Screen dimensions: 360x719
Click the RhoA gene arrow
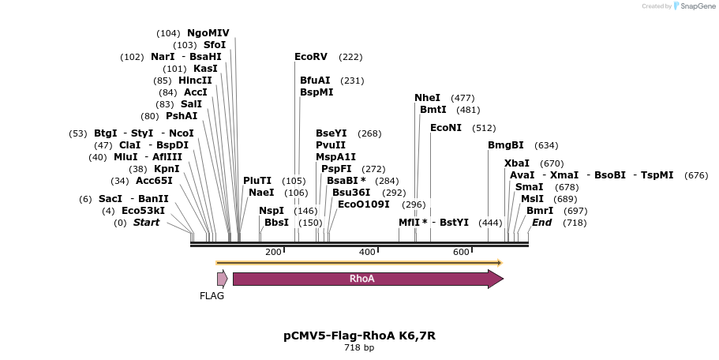click(x=367, y=279)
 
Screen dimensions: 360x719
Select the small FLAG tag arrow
click(x=223, y=278)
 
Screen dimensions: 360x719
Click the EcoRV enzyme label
click(x=310, y=57)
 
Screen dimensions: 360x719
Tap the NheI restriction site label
click(x=427, y=98)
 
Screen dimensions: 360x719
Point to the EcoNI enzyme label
click(x=446, y=128)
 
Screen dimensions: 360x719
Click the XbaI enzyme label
click(x=517, y=163)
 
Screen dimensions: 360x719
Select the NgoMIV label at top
click(x=208, y=33)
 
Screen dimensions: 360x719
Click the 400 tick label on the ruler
click(x=367, y=252)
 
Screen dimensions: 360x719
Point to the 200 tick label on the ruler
click(x=273, y=252)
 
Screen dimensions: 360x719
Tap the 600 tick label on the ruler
click(x=461, y=252)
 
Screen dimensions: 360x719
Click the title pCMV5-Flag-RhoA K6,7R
click(x=359, y=336)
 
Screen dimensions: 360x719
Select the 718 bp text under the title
click(x=359, y=348)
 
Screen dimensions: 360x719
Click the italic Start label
click(x=146, y=223)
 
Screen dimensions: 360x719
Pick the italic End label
click(x=542, y=223)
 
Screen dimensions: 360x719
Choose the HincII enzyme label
click(x=195, y=81)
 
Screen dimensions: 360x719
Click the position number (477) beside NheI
click(x=462, y=98)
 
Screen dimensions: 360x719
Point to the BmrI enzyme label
click(x=540, y=211)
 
